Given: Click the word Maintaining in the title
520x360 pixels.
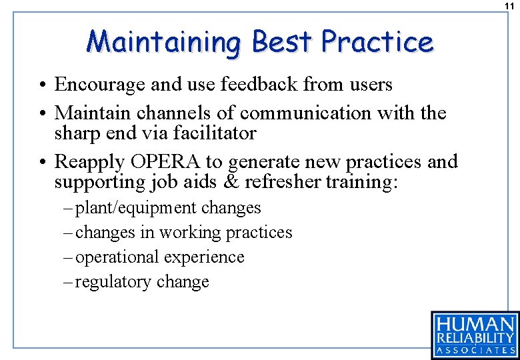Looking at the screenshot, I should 163,42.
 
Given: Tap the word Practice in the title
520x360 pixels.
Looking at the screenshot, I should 377,42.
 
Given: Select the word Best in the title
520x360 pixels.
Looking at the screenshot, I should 281,42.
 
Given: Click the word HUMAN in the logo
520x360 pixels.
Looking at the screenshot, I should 475,324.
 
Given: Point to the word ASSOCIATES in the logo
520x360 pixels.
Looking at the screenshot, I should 475,349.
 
